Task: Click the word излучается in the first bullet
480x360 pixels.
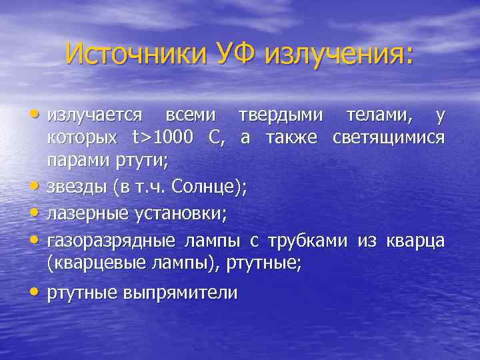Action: click(94, 115)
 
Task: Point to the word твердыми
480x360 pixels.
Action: click(274, 115)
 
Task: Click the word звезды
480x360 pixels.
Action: click(74, 188)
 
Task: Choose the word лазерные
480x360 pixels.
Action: click(83, 214)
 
